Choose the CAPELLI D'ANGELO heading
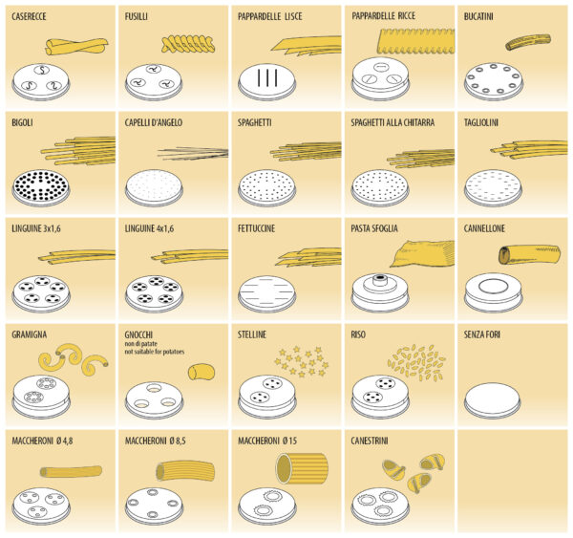pyautogui.click(x=159, y=122)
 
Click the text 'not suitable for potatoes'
pyautogui.click(x=159, y=353)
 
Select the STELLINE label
pyautogui.click(x=253, y=335)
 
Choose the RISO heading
pyautogui.click(x=359, y=335)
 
